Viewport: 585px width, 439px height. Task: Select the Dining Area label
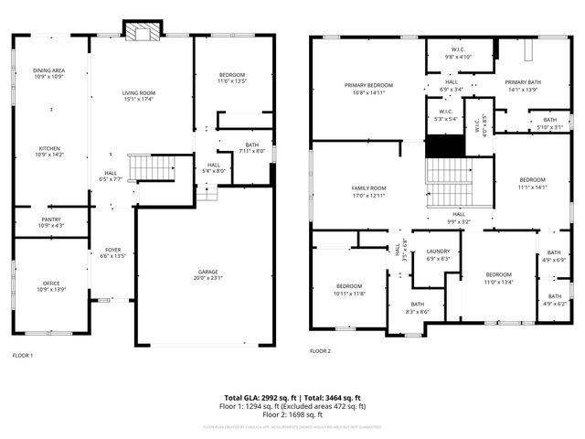[x=49, y=70]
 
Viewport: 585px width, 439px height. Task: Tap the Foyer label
[x=112, y=250]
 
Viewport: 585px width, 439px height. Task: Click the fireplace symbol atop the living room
[x=141, y=32]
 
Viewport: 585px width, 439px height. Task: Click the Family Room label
[x=369, y=188]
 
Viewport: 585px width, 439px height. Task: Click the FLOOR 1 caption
[x=23, y=355]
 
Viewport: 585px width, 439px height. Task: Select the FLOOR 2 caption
[x=320, y=351]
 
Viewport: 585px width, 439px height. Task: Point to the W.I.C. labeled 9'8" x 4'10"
[x=459, y=56]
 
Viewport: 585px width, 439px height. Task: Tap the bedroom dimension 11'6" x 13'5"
[x=233, y=81]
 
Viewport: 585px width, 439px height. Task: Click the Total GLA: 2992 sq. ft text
[x=261, y=398]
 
